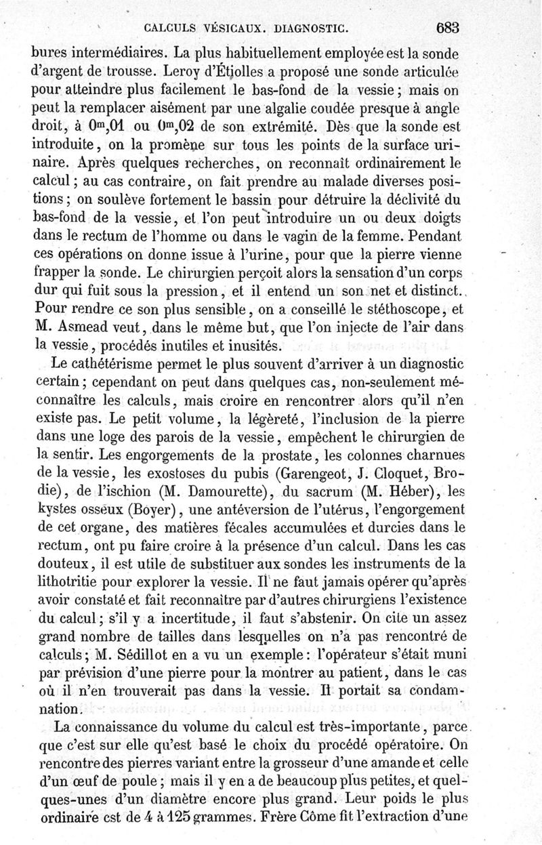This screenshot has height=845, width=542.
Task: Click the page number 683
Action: tap(449, 28)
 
